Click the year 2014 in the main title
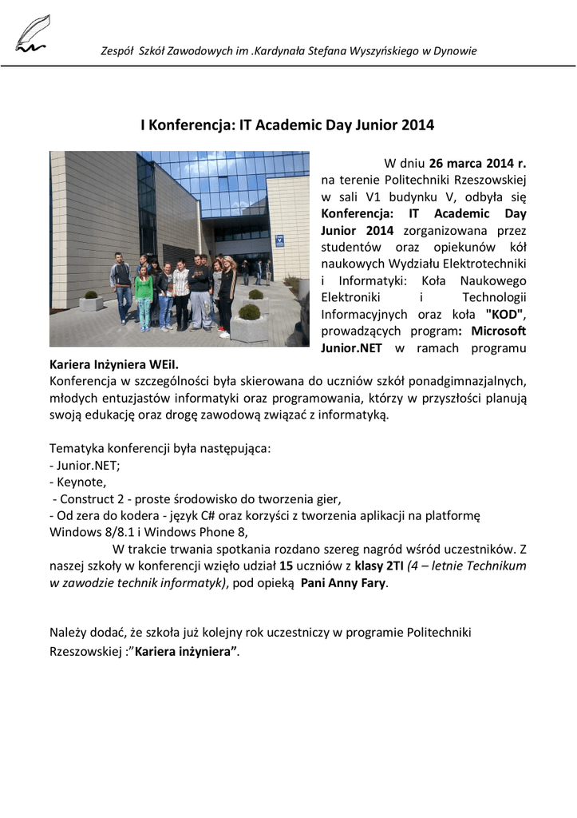[x=417, y=125]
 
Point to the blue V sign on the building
[x=279, y=239]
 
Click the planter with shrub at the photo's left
[x=91, y=300]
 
